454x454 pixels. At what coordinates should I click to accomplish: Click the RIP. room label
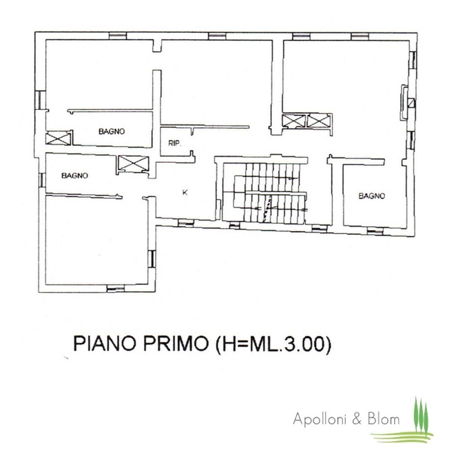(174, 143)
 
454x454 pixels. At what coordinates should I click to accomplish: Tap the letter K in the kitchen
(185, 192)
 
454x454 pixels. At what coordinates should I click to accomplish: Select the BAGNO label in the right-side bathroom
(372, 196)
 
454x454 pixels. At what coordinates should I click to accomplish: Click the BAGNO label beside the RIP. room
(111, 132)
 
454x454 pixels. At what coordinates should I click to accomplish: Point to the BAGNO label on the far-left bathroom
(74, 175)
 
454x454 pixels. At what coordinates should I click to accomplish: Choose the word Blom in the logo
(384, 419)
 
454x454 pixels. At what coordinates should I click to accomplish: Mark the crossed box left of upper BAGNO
(58, 138)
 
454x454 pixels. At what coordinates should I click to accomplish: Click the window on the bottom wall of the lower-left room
(116, 288)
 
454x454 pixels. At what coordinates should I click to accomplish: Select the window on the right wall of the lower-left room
(152, 259)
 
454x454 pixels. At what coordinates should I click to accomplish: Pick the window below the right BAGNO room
(375, 231)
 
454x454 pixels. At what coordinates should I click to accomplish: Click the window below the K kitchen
(186, 223)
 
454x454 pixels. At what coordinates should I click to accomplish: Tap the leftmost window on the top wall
(118, 36)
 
